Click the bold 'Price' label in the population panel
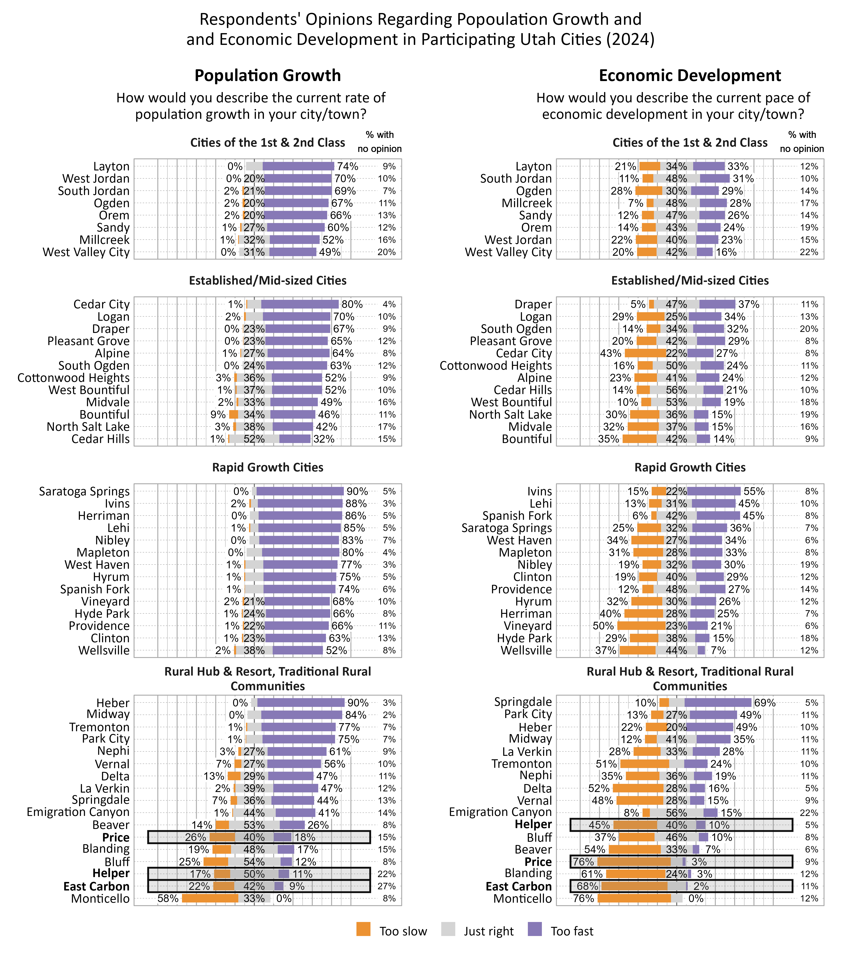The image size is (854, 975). pyautogui.click(x=116, y=837)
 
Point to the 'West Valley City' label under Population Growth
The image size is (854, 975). pyautogui.click(x=86, y=252)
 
